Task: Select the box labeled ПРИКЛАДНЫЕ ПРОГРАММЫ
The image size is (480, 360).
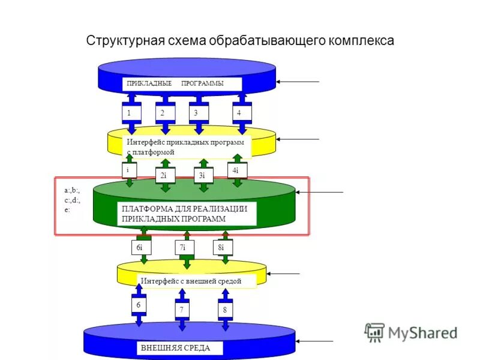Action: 182,83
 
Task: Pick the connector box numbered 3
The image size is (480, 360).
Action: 196,112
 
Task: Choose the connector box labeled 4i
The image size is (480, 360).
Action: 236,170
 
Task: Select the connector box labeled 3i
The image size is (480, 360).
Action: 202,175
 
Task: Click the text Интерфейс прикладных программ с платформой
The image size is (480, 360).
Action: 186,147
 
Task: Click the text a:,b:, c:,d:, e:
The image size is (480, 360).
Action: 72,200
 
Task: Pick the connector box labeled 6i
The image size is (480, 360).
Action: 140,247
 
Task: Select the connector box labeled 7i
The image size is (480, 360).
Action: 182,247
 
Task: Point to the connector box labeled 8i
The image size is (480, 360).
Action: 222,247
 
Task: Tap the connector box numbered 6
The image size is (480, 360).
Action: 139,305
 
